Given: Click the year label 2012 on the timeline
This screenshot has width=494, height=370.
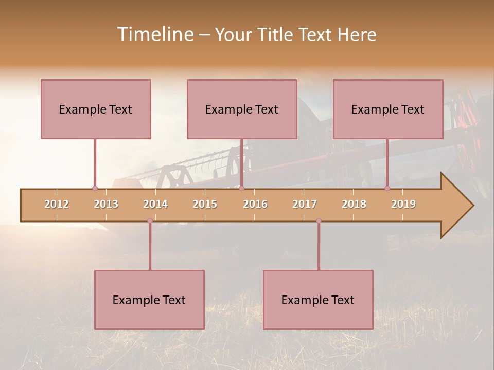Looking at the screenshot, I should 57,204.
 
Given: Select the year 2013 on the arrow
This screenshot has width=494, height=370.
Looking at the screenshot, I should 106,204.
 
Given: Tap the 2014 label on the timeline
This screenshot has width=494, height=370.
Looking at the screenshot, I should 155,204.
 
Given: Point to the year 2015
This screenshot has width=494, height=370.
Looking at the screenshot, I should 205,204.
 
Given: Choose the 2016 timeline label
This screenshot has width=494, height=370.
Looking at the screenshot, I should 255,204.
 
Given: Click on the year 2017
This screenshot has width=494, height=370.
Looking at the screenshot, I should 305,204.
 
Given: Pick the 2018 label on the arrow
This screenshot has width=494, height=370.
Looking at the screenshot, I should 354,204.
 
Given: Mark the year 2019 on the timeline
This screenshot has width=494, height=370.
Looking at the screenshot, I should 403,204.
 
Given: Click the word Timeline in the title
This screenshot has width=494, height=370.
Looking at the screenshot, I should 154,34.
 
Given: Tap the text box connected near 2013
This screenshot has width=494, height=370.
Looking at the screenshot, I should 96,109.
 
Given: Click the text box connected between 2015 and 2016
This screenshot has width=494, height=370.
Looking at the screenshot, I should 242,109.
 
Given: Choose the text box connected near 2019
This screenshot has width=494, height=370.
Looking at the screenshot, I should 388,109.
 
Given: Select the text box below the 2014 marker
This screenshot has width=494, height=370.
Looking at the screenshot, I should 149,300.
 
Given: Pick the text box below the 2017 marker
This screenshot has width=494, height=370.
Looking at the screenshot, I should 318,300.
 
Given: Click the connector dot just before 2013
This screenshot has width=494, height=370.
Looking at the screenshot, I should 95,189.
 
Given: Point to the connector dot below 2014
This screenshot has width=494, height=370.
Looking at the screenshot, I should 150,221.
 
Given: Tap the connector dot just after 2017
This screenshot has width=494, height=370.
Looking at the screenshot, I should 319,221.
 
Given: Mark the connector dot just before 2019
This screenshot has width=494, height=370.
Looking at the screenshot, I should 387,189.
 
